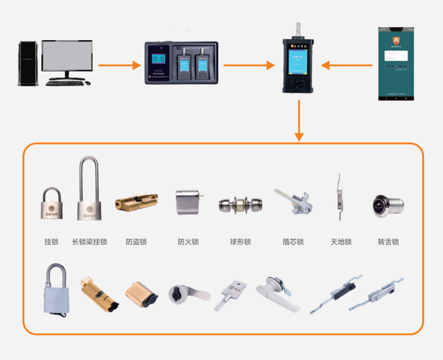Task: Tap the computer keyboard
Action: click(x=65, y=82)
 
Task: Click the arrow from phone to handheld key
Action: click(x=347, y=65)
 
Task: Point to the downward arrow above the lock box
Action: click(x=299, y=120)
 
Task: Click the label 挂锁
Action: click(x=52, y=242)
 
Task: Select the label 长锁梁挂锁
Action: click(x=89, y=242)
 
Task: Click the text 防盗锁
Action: click(x=136, y=242)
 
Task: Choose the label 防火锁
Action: click(x=188, y=242)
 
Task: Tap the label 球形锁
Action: click(x=240, y=242)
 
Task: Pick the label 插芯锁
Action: click(x=293, y=242)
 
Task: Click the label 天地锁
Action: click(x=341, y=242)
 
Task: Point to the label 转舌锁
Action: click(x=388, y=242)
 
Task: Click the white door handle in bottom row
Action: click(x=274, y=290)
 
